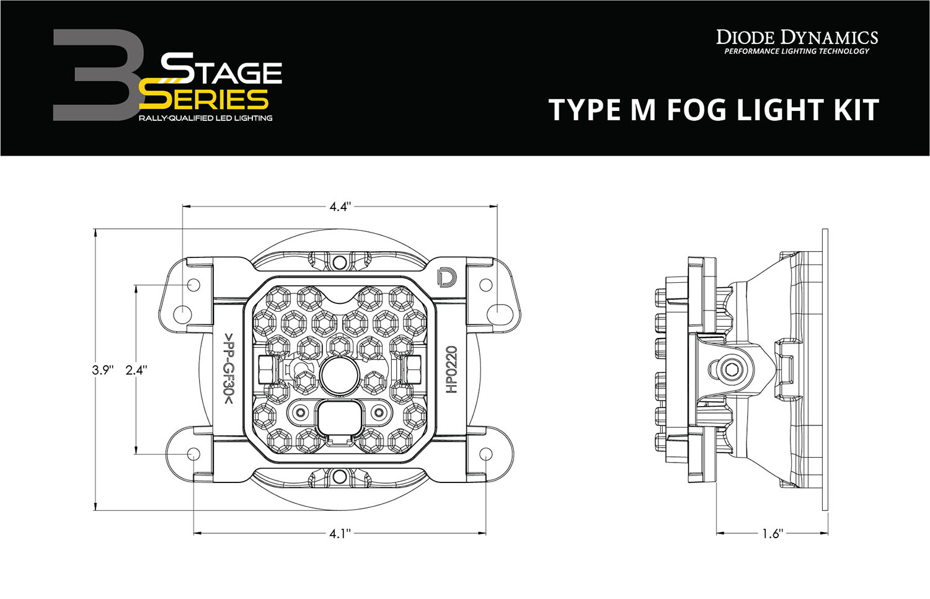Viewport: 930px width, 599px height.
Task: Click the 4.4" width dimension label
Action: coord(340,206)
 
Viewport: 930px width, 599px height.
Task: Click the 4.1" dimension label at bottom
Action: coord(340,533)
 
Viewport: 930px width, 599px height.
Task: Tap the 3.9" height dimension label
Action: coord(103,370)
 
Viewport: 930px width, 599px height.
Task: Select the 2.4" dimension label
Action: coord(136,370)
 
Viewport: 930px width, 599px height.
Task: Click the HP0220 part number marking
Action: coord(451,370)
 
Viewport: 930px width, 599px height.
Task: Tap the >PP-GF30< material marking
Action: coord(229,370)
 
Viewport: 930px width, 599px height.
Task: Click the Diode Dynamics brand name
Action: coord(797,37)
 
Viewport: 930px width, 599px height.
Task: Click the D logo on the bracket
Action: coord(445,278)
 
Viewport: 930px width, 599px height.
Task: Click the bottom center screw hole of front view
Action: coord(339,477)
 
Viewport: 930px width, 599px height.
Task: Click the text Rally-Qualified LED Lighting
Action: coord(205,118)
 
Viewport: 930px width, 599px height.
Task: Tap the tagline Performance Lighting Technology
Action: coord(797,51)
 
